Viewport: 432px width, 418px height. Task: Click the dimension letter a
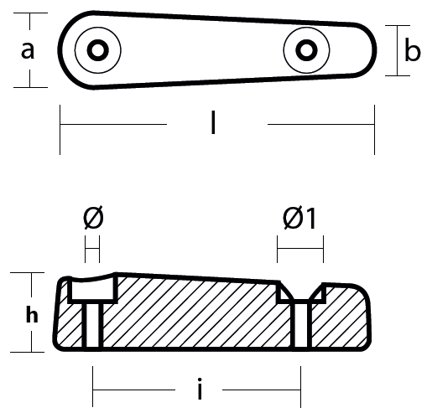pos(28,50)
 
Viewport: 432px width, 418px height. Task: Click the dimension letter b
pos(413,49)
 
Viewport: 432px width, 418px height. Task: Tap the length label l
pos(213,122)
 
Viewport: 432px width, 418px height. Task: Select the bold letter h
pos(32,314)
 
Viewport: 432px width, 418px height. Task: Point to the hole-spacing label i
pos(200,389)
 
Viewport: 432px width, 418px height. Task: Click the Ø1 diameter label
pos(299,218)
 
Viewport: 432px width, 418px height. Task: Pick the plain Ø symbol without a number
pos(93,218)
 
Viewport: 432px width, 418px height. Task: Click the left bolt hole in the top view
pos(98,50)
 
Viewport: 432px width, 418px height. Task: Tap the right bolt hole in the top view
pos(306,50)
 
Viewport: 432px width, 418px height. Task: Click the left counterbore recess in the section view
pos(92,291)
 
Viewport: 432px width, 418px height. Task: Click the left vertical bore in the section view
pos(92,325)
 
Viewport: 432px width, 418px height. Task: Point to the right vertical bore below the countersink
pos(301,325)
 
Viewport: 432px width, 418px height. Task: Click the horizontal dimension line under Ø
pos(92,248)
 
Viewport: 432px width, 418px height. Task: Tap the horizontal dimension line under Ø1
pos(300,248)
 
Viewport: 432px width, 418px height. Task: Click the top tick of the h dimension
pos(27,272)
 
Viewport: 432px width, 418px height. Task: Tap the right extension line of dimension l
pos(374,130)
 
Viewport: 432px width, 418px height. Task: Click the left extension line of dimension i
pos(92,386)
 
